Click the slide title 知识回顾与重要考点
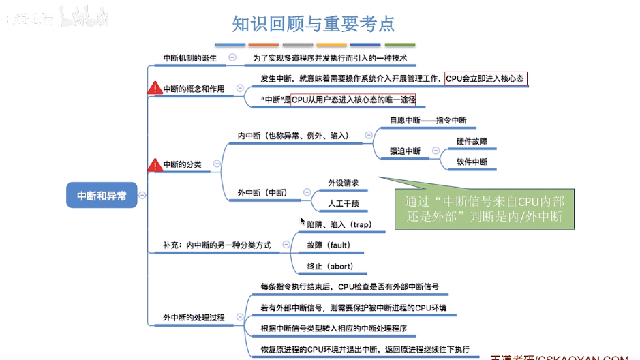pyautogui.click(x=313, y=25)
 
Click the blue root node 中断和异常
pyautogui.click(x=102, y=196)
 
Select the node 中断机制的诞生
pyautogui.click(x=190, y=58)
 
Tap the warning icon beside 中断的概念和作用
pyautogui.click(x=155, y=89)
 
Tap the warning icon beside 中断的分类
pyautogui.click(x=155, y=164)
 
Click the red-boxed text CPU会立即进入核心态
pyautogui.click(x=485, y=79)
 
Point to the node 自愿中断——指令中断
pyautogui.click(x=428, y=121)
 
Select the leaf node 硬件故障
pyautogui.click(x=472, y=141)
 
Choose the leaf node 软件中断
pyautogui.click(x=472, y=162)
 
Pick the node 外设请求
pyautogui.click(x=343, y=183)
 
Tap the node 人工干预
pyautogui.click(x=343, y=203)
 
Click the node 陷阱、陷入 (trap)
pyautogui.click(x=339, y=224)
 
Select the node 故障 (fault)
pyautogui.click(x=328, y=245)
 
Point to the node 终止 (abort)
pyautogui.click(x=330, y=266)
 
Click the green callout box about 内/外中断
pyautogui.click(x=484, y=211)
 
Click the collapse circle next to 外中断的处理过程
pyautogui.click(x=239, y=317)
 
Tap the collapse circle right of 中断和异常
pyautogui.click(x=142, y=196)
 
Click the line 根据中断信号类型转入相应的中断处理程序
pyautogui.click(x=333, y=328)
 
